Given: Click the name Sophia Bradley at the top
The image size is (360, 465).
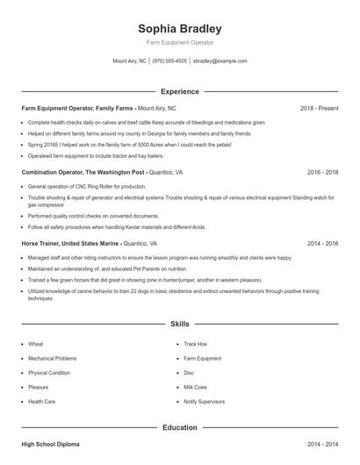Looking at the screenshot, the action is click(x=180, y=28).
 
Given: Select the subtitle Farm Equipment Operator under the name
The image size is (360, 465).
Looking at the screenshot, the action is click(x=180, y=42).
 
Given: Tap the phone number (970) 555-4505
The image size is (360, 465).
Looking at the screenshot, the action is click(x=169, y=61).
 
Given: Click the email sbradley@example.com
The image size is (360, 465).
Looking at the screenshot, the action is click(x=220, y=61).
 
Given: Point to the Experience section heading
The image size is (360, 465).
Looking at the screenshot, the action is click(x=180, y=91).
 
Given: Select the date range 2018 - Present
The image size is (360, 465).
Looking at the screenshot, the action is click(x=319, y=108).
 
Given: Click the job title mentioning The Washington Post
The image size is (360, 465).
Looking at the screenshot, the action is click(x=83, y=173).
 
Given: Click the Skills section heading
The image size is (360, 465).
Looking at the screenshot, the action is click(x=180, y=324).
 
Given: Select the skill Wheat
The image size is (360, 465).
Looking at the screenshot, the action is click(x=36, y=344).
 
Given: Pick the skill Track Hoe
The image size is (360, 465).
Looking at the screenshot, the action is click(x=196, y=344).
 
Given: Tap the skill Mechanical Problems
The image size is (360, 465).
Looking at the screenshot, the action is click(x=53, y=358).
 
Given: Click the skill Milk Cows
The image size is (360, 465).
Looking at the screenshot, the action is click(x=196, y=387).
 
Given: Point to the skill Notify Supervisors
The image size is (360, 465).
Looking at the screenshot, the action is click(x=205, y=401).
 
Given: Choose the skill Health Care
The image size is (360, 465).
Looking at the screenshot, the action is click(x=42, y=401).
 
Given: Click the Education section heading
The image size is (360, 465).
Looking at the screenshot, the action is click(x=180, y=427).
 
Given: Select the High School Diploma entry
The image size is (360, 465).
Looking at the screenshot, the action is click(x=51, y=446).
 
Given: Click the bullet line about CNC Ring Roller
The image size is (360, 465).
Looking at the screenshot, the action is click(x=87, y=187).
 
